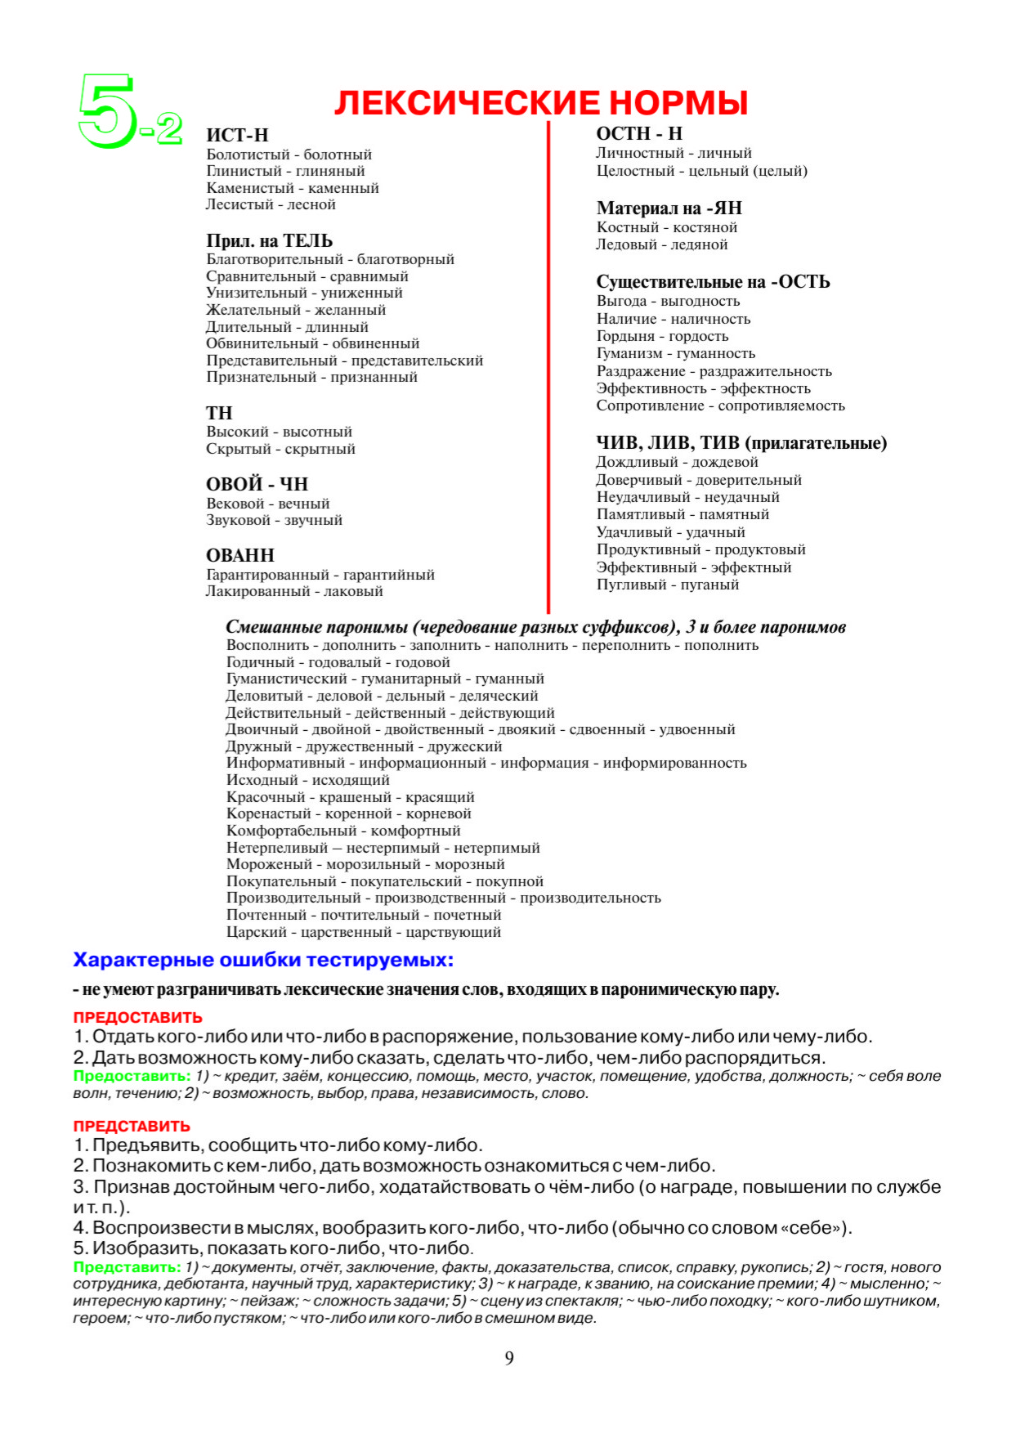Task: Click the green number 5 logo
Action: (x=107, y=111)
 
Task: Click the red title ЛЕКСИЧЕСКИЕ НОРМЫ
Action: (x=541, y=103)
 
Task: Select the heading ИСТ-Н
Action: (x=237, y=136)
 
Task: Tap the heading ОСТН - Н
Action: (x=639, y=134)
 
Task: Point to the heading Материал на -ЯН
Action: (x=669, y=208)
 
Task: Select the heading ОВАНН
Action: (x=240, y=555)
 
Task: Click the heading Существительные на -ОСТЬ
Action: (x=713, y=282)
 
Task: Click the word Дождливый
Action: (x=637, y=462)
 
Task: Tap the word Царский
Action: (x=257, y=932)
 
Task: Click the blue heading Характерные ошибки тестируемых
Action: (x=263, y=960)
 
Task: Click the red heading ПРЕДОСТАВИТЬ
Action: (x=138, y=1018)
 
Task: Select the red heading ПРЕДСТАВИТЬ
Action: (x=132, y=1127)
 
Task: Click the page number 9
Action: (x=509, y=1359)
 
